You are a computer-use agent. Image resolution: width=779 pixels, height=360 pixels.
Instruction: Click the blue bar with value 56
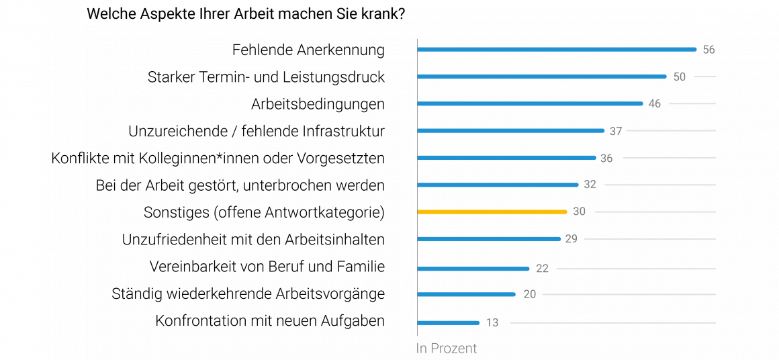[x=557, y=49]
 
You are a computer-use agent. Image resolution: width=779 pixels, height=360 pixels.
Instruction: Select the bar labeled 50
[x=541, y=77]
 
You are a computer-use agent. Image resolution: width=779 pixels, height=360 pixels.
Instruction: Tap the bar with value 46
[x=530, y=103]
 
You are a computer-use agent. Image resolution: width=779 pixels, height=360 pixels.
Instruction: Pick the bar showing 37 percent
[x=510, y=130]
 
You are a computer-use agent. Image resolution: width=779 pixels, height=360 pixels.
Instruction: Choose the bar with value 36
[x=506, y=158]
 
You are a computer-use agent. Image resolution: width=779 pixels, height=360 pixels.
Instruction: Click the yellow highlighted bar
[x=492, y=212]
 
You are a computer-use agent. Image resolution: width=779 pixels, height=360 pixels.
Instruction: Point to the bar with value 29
[x=488, y=238]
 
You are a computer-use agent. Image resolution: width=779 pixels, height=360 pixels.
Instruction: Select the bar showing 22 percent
[x=473, y=269]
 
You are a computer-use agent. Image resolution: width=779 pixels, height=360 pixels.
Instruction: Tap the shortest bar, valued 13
[x=448, y=323]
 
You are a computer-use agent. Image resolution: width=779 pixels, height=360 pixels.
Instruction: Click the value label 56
[x=708, y=50]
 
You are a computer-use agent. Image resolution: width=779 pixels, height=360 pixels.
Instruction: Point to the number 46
[x=654, y=104]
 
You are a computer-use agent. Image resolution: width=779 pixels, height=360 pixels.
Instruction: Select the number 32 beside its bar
[x=590, y=185]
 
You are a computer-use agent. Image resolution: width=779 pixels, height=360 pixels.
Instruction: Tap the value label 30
[x=579, y=212]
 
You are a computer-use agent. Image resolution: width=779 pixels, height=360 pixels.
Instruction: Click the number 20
[x=529, y=294]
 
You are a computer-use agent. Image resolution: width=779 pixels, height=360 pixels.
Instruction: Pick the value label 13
[x=492, y=323]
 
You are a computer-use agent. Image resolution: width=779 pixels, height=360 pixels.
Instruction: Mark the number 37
[x=615, y=131]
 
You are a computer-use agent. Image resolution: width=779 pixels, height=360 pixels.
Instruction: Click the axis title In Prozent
[x=447, y=349]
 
